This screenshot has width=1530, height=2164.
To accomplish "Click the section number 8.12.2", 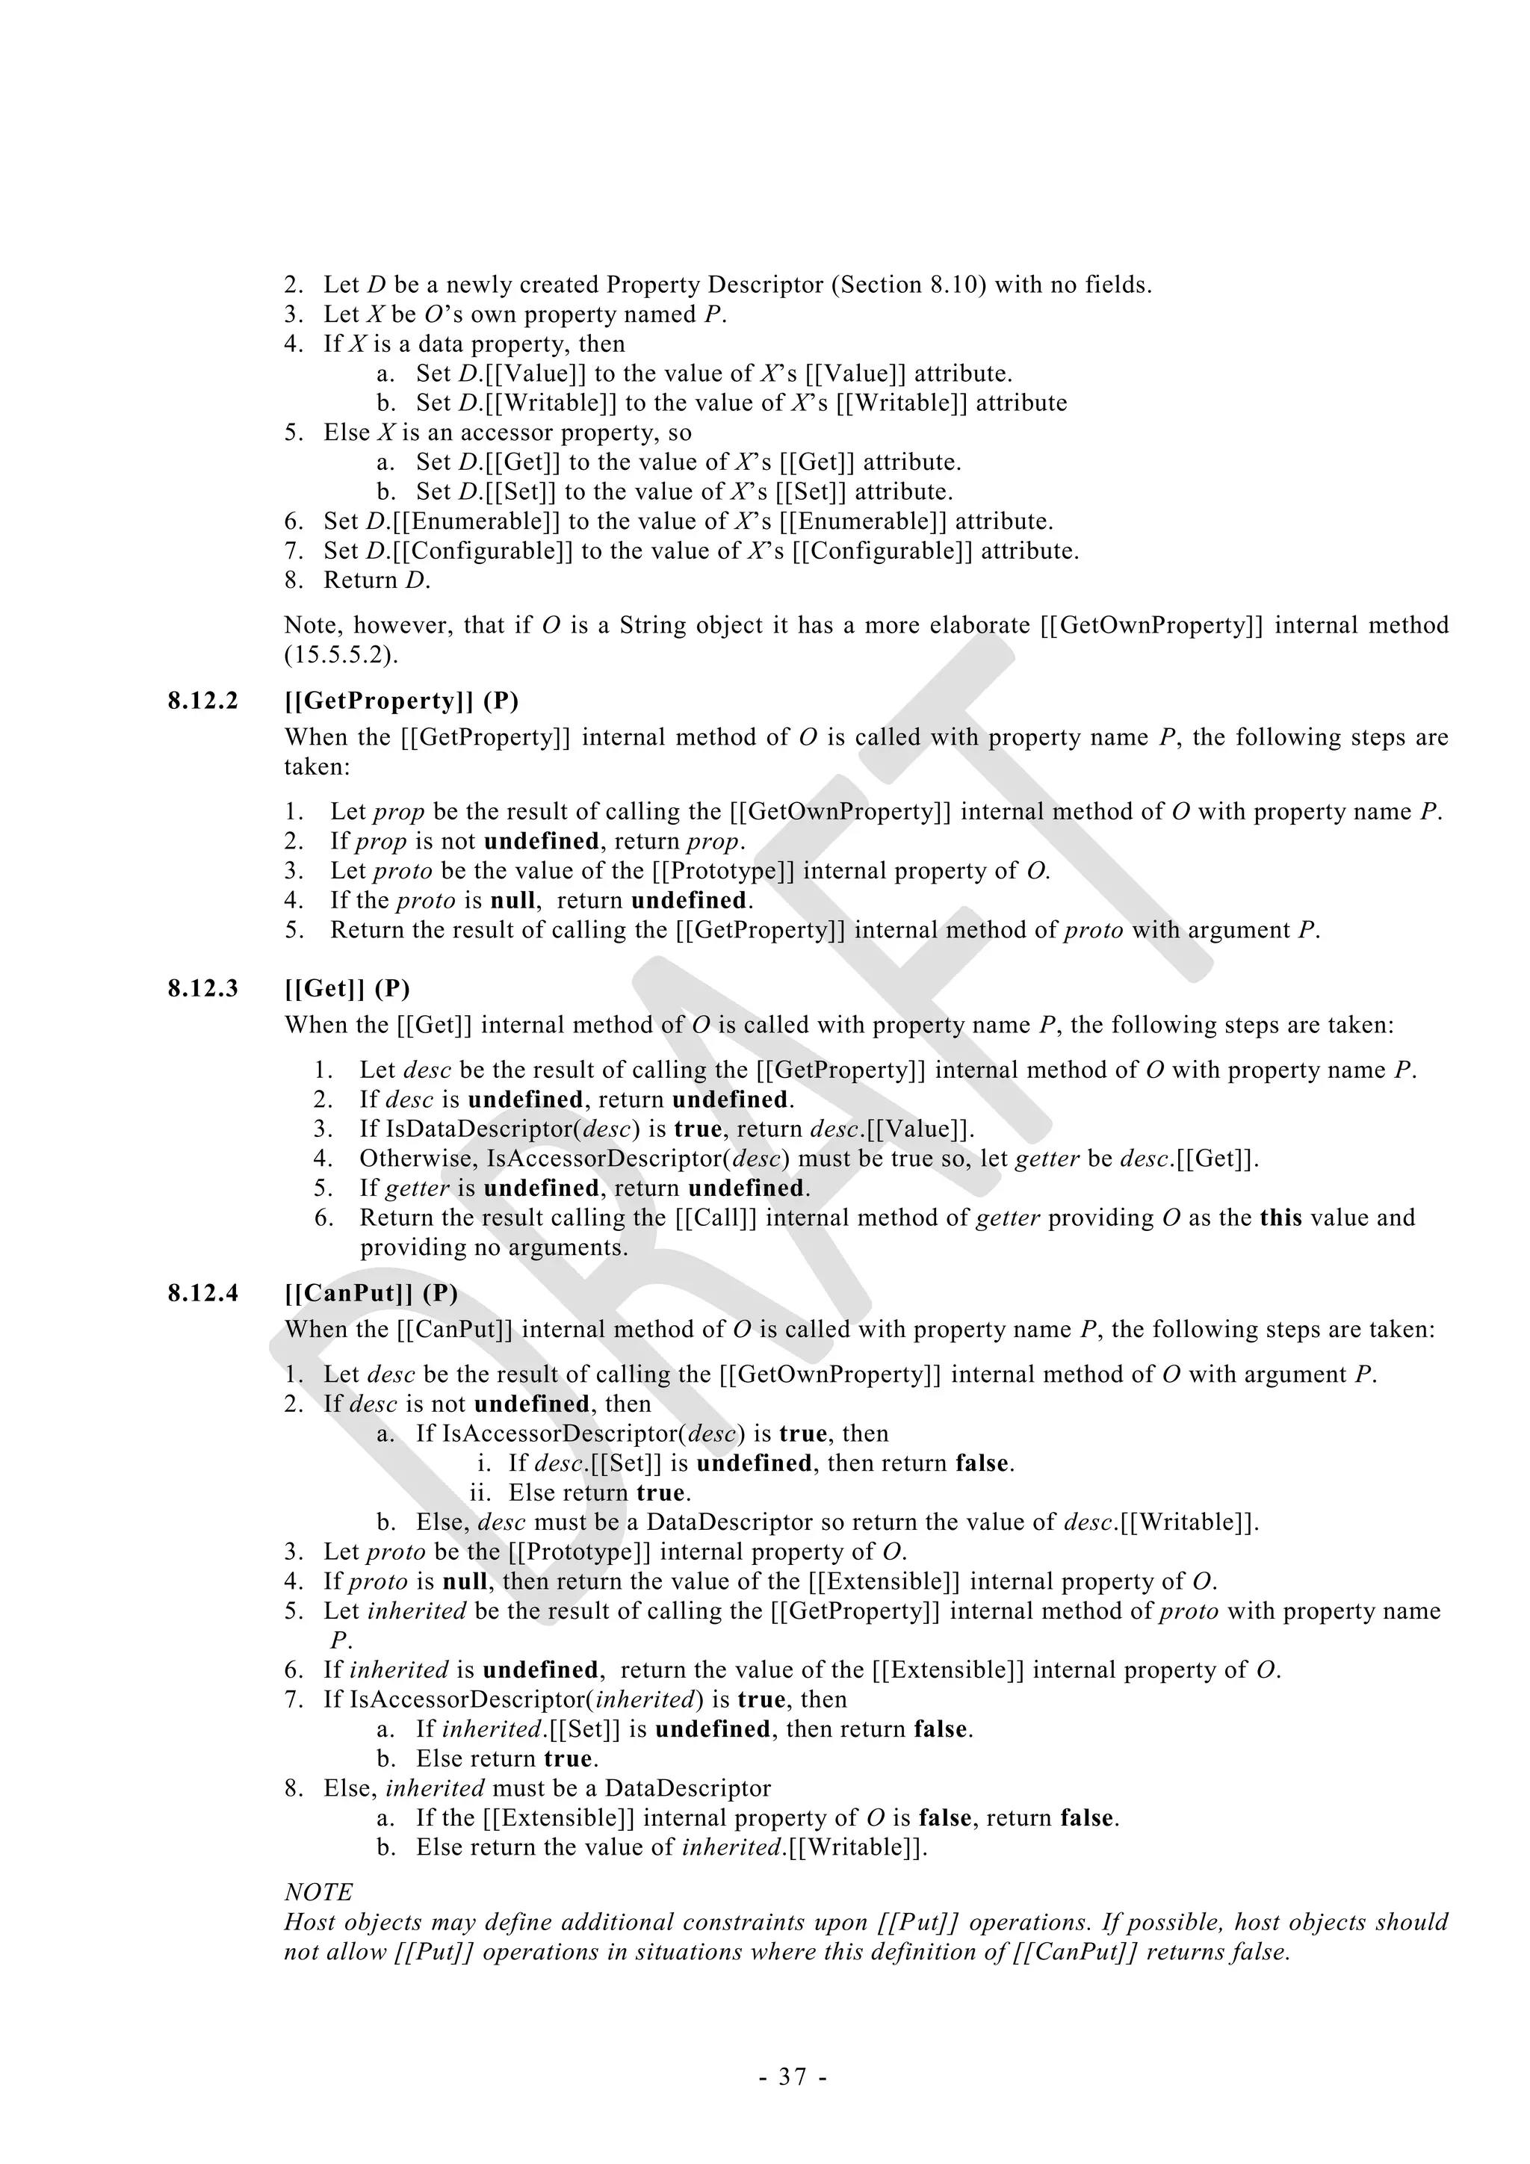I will pos(202,701).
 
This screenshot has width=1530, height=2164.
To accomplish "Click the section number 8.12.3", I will pos(202,989).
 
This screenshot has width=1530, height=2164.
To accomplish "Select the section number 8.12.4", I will pos(202,1293).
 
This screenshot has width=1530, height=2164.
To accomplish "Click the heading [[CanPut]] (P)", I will pos(371,1293).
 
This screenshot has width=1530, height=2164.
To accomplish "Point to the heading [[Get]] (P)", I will pos(347,989).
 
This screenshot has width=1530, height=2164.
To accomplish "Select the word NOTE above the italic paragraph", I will pos(319,1893).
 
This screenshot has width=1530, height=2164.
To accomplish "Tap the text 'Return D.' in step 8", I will pos(376,580).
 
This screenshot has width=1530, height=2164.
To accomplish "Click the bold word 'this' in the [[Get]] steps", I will pos(1281,1218).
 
